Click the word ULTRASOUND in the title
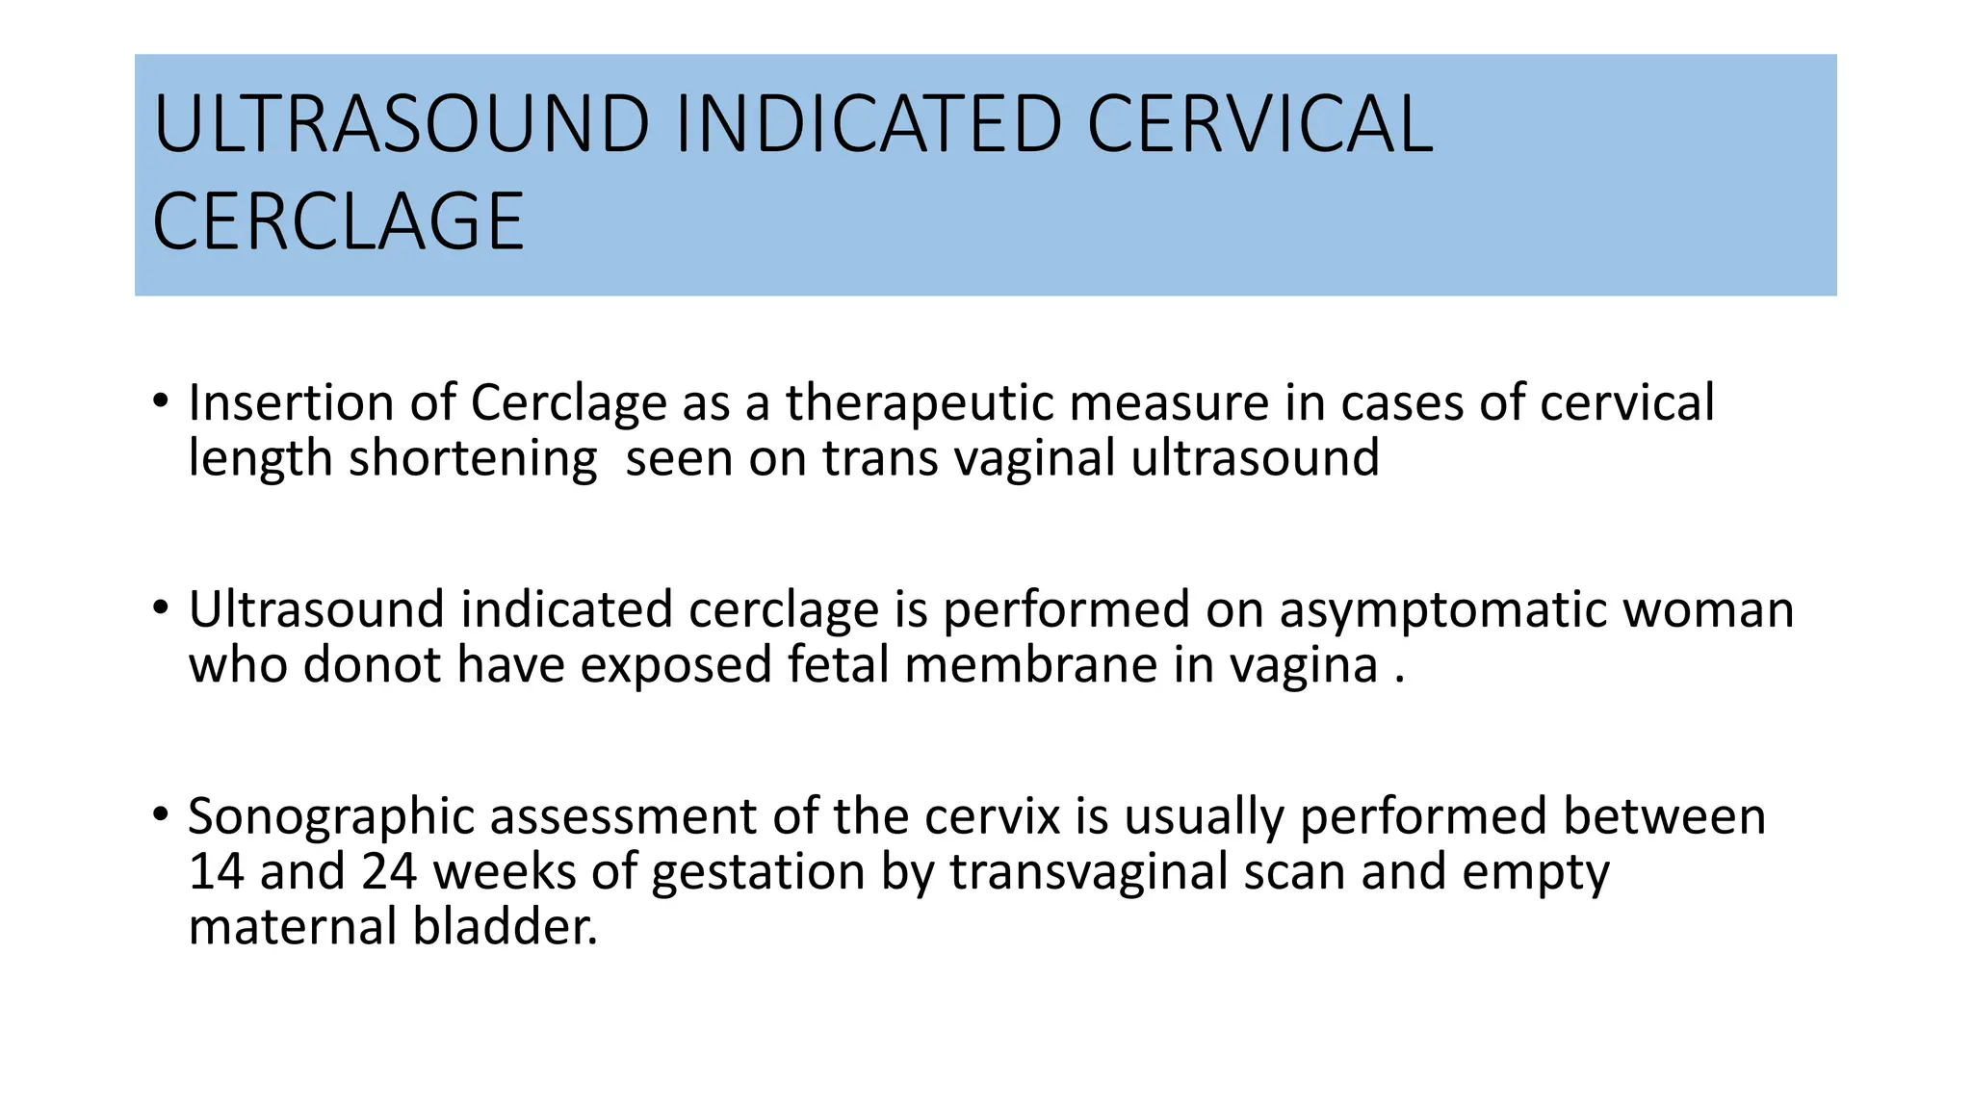(402, 124)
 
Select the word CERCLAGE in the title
(338, 222)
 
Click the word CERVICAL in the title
(1259, 124)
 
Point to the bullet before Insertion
(160, 400)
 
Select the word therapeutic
(919, 404)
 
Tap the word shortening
(472, 459)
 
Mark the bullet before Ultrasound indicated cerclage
(160, 607)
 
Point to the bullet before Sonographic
(160, 813)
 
